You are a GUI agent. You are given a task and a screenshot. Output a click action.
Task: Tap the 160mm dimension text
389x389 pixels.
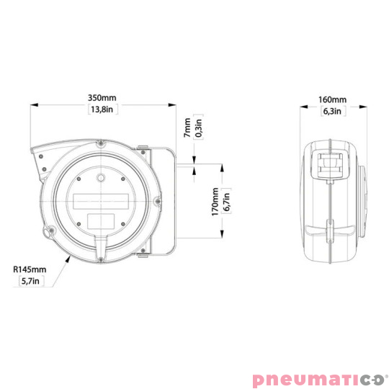(x=331, y=99)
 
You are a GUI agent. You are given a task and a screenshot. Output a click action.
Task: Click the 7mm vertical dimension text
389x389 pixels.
(x=188, y=129)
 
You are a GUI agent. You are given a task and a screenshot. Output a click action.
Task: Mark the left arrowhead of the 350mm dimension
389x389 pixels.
(x=33, y=104)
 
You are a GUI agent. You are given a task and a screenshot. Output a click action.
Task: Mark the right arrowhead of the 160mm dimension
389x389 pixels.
(x=361, y=105)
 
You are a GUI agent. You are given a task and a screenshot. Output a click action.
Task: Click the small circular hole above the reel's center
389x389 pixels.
(x=102, y=176)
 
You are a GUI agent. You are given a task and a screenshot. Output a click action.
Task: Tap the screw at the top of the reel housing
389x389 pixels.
(x=101, y=146)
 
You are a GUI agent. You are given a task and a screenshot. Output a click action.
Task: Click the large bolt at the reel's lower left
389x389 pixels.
(x=50, y=232)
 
